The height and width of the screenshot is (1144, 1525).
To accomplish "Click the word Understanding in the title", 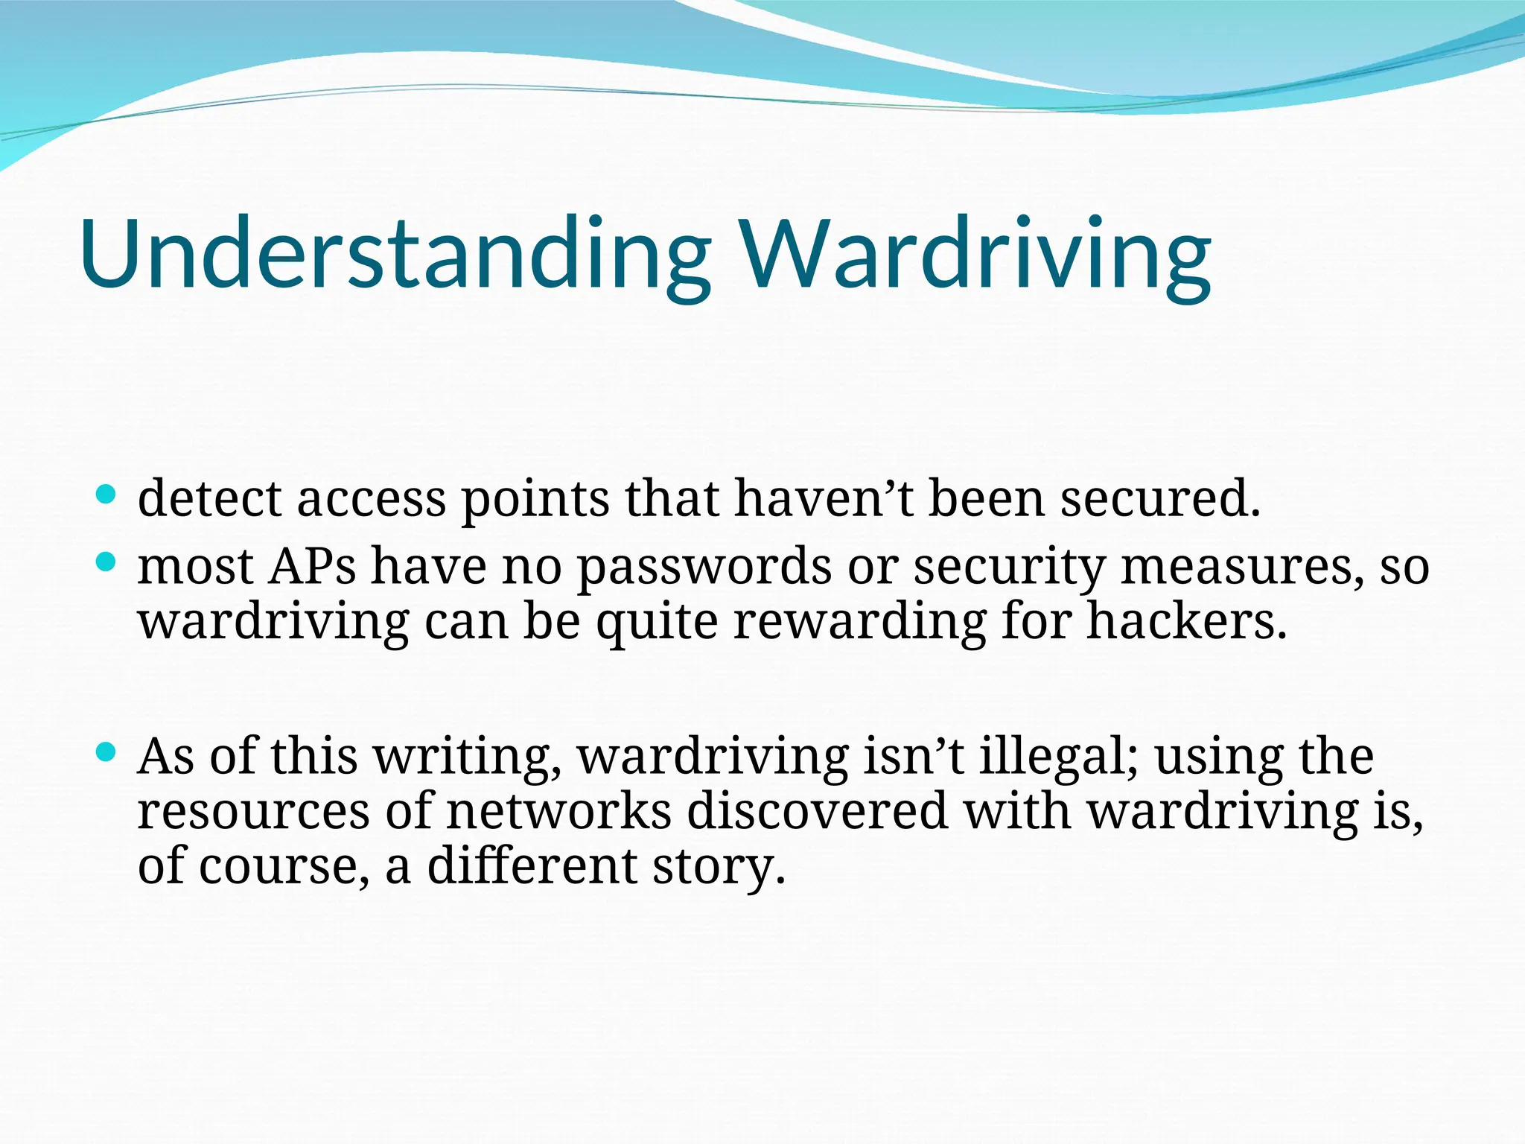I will pyautogui.click(x=395, y=253).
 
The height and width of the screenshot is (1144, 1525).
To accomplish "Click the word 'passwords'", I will pyautogui.click(x=704, y=568).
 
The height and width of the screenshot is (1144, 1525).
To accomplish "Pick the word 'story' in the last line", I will pyautogui.click(x=718, y=867).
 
